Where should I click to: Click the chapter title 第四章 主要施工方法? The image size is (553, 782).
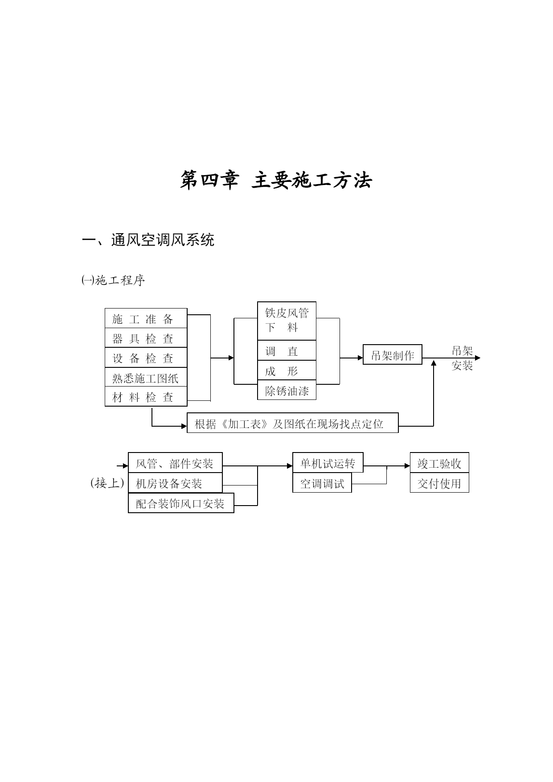pyautogui.click(x=276, y=181)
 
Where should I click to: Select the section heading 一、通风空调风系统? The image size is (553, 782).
pyautogui.click(x=148, y=240)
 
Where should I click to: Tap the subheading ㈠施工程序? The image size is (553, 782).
pyautogui.click(x=113, y=280)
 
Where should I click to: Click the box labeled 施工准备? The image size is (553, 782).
pyautogui.click(x=146, y=318)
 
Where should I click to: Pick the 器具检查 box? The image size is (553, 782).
pyautogui.click(x=146, y=338)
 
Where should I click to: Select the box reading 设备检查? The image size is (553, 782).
pyautogui.click(x=146, y=358)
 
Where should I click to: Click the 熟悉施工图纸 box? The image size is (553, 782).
pyautogui.click(x=146, y=378)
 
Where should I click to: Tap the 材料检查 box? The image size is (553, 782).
pyautogui.click(x=146, y=397)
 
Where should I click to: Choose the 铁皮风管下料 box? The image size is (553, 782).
pyautogui.click(x=287, y=321)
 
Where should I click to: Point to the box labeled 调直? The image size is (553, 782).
pyautogui.click(x=287, y=350)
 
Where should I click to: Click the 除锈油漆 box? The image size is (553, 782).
pyautogui.click(x=287, y=390)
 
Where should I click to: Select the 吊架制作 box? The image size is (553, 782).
pyautogui.click(x=393, y=354)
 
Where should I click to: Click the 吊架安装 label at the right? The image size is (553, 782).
pyautogui.click(x=462, y=358)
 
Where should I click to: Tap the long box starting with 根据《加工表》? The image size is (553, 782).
pyautogui.click(x=293, y=423)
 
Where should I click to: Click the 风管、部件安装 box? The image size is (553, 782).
pyautogui.click(x=175, y=463)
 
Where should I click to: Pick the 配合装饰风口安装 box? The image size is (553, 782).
pyautogui.click(x=181, y=503)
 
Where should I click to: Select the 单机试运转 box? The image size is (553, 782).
pyautogui.click(x=328, y=463)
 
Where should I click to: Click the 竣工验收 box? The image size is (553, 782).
pyautogui.click(x=439, y=463)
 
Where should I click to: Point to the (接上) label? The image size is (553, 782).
pyautogui.click(x=107, y=483)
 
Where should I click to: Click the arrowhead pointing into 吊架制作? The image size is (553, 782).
pyautogui.click(x=360, y=358)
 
